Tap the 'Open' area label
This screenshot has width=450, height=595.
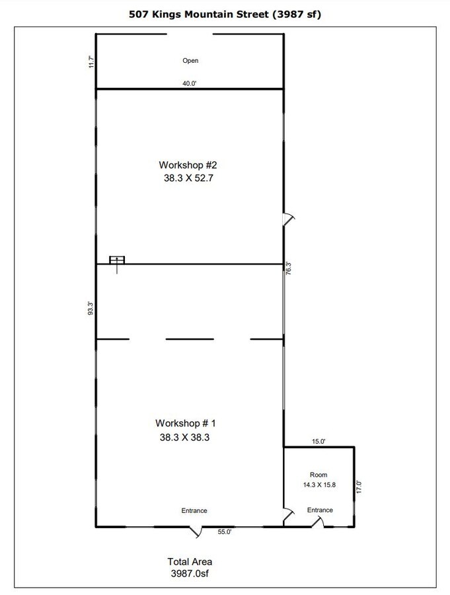point(190,61)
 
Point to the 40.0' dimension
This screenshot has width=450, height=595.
point(190,83)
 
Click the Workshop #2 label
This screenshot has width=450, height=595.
point(186,165)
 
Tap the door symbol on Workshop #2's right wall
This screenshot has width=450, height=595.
point(288,219)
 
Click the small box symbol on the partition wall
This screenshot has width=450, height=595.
point(118,260)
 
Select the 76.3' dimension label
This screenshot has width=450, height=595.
point(288,269)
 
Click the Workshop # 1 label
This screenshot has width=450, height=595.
point(186,423)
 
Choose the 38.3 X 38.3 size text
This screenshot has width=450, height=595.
point(186,436)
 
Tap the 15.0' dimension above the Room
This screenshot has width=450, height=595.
point(319,442)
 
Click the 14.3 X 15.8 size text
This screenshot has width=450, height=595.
point(319,485)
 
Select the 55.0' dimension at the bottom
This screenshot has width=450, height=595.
point(225,532)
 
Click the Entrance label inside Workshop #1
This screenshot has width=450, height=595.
point(194,510)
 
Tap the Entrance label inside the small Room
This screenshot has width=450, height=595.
point(320,510)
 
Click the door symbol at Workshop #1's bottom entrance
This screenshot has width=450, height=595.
point(196,530)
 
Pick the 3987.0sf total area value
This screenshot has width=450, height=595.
point(189,574)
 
